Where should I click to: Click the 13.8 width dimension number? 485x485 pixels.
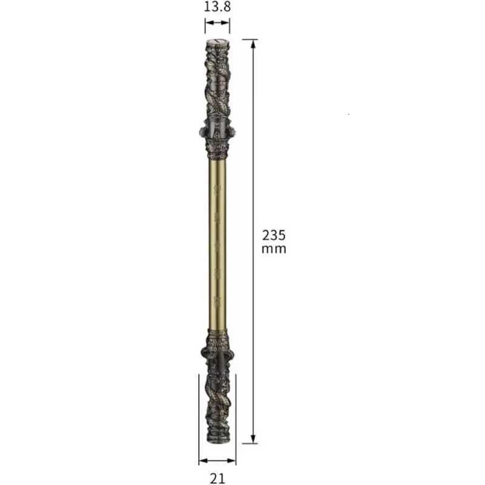(x=217, y=8)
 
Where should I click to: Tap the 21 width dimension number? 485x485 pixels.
(x=218, y=478)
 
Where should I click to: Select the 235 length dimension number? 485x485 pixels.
(x=273, y=235)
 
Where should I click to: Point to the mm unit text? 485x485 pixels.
(x=273, y=249)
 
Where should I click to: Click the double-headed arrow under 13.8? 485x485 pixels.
(x=217, y=25)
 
